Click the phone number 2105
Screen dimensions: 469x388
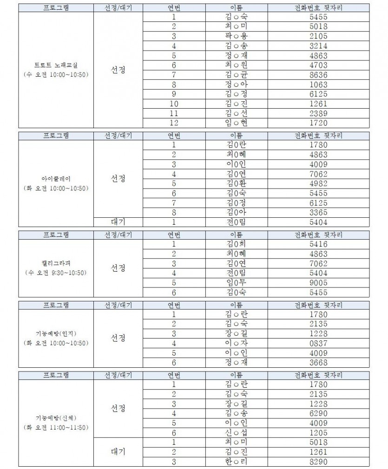click(x=318, y=36)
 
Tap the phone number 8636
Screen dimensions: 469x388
click(x=318, y=75)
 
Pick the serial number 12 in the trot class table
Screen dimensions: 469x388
click(x=174, y=123)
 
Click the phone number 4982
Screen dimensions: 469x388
click(x=318, y=183)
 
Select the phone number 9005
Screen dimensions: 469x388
click(x=318, y=282)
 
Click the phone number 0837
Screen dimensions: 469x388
click(x=318, y=343)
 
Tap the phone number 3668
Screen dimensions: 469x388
click(x=318, y=362)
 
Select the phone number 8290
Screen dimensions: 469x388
click(x=318, y=462)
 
